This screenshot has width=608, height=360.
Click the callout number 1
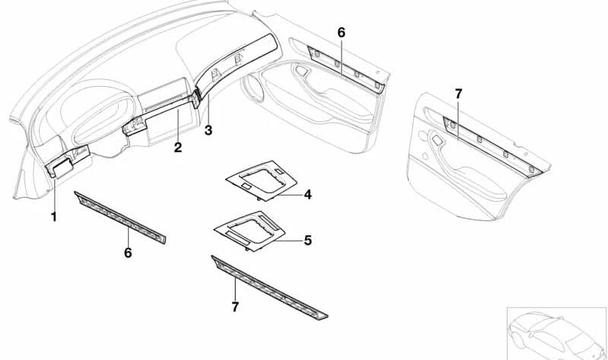(53, 217)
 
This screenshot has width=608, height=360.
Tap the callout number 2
(177, 147)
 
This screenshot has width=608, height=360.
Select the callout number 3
(208, 130)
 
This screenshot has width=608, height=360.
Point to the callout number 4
(307, 195)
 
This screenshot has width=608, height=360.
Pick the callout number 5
(307, 241)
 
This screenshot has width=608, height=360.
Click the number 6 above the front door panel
(341, 32)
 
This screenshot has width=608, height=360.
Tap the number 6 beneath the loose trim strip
(128, 253)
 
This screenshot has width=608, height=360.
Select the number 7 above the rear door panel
(458, 94)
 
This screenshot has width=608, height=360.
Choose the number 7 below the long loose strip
(235, 307)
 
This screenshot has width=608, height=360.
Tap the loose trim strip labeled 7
(270, 286)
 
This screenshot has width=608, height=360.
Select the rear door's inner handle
(437, 142)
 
